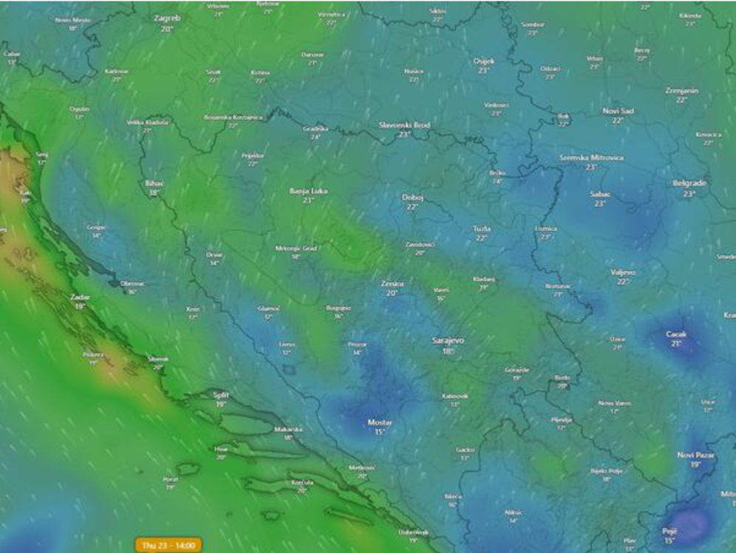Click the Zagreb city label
click(167, 17)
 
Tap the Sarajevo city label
click(448, 340)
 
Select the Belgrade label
click(689, 182)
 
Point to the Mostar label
click(380, 422)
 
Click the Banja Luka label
click(308, 190)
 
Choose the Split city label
click(220, 394)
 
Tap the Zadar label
click(80, 295)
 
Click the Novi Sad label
click(618, 111)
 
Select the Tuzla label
click(482, 228)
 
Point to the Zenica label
click(392, 283)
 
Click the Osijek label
click(483, 61)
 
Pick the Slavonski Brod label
click(404, 125)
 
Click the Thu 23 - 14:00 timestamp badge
click(168, 546)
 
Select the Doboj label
click(412, 197)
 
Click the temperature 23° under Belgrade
click(689, 193)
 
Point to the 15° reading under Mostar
click(380, 433)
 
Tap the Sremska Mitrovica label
click(591, 157)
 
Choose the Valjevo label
click(623, 272)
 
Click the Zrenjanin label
click(681, 90)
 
